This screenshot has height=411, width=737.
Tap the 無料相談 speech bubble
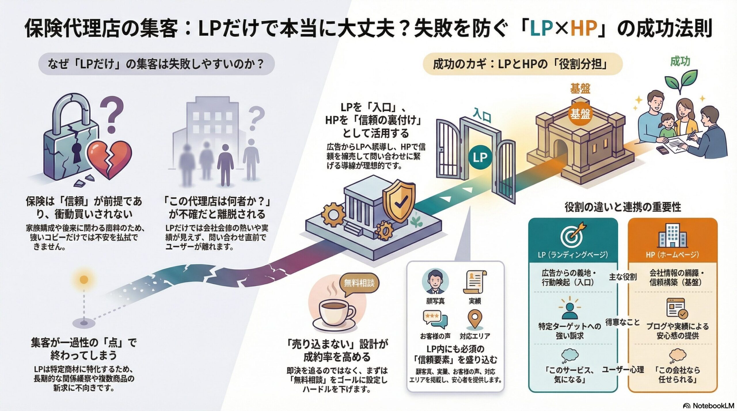[x=359, y=284]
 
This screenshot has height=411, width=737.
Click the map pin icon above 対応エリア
[x=474, y=320]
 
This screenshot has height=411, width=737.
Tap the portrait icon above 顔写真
[x=435, y=282]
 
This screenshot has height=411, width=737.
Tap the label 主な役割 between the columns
[x=623, y=277]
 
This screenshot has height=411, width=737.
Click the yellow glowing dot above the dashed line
[x=84, y=279]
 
